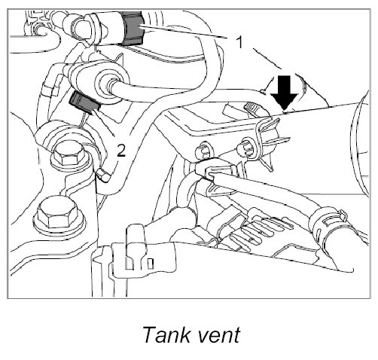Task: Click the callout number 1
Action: coord(239,42)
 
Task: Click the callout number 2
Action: coord(121,151)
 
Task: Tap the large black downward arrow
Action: coord(284,93)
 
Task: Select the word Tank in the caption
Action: coord(166,334)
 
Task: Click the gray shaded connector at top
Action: coord(133,28)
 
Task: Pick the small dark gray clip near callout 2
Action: coord(84,102)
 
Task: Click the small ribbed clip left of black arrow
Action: coord(252,108)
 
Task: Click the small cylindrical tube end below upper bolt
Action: coord(103,175)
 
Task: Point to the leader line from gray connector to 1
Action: coord(182,32)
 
